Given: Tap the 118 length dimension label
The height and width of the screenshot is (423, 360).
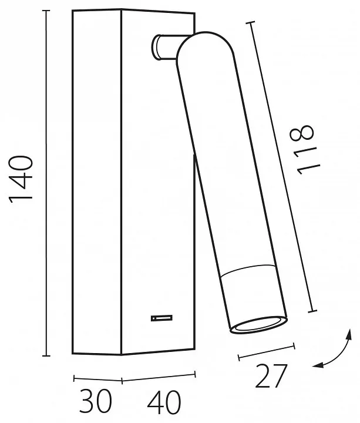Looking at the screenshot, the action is coord(305,149).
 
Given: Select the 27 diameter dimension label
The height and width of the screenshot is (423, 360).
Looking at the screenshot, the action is coord(271,376).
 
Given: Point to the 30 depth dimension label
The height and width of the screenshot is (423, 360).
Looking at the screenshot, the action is coord(96,401).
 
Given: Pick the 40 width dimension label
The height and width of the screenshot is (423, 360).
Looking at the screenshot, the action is coord(164,402).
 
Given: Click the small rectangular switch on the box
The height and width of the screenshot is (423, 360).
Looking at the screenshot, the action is coord(162,318).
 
